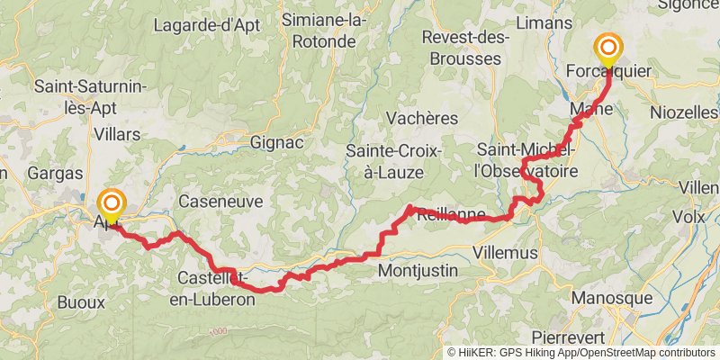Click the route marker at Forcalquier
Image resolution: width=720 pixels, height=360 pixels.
pos(608,50)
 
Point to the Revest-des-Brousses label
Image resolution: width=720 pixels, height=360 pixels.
pos(465,48)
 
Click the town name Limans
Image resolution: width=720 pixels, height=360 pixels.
pos(545,22)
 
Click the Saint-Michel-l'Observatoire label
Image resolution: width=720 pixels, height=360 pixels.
pos(526,158)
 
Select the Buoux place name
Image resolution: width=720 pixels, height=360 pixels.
pos(82,302)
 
